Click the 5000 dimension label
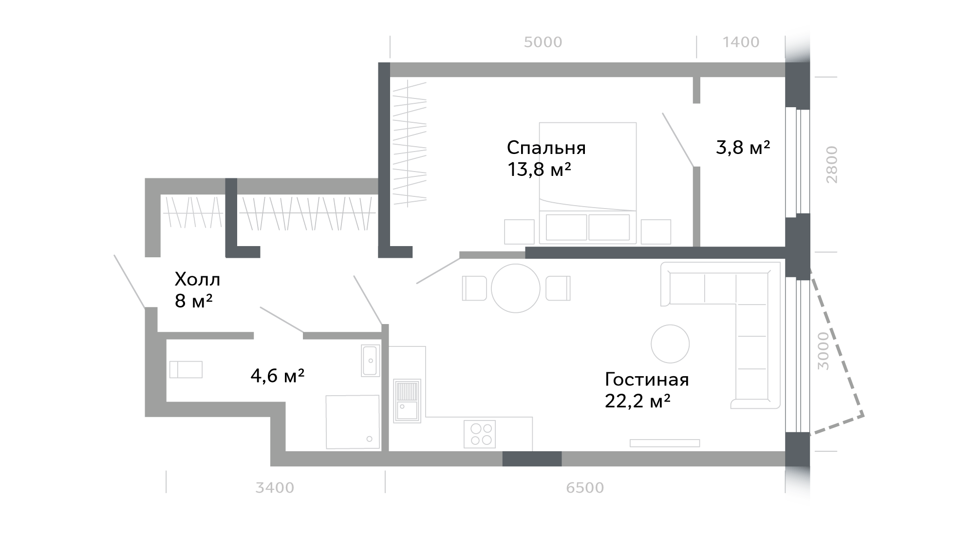[x=543, y=42]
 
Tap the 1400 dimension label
[x=741, y=42]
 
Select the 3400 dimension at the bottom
[x=275, y=488]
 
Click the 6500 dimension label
[x=585, y=488]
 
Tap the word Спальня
[x=546, y=148]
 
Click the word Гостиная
[x=647, y=379]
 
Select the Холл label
[x=197, y=280]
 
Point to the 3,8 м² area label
[x=743, y=147]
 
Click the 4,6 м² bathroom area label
[x=278, y=376]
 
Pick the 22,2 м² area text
[x=637, y=401]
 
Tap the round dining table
[x=516, y=288]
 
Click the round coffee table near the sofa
[x=670, y=344]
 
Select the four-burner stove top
[x=481, y=434]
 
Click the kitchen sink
[x=407, y=401]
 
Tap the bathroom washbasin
[x=370, y=361]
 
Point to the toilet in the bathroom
[x=186, y=369]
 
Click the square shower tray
[x=353, y=422]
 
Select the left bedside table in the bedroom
[x=519, y=231]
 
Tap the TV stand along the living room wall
[x=665, y=443]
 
